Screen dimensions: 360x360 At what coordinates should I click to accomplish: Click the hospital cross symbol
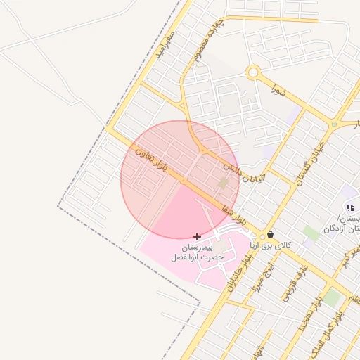(197, 236)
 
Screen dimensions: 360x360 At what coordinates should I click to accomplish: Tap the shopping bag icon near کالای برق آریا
(271, 235)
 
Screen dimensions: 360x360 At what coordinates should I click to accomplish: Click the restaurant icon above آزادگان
(349, 207)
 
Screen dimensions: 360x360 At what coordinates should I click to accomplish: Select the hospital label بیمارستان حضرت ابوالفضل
(198, 253)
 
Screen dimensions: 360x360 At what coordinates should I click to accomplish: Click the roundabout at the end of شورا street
(253, 72)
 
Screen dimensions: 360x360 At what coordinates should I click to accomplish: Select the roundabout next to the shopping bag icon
(262, 236)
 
